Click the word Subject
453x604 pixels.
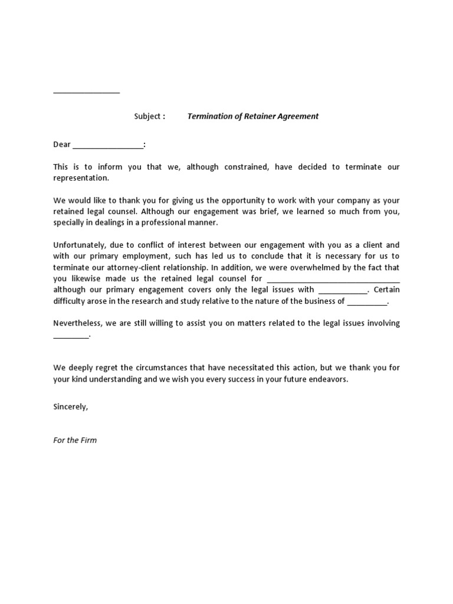147,116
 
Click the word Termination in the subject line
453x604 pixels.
208,116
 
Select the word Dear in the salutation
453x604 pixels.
62,145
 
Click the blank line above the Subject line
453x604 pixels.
86,93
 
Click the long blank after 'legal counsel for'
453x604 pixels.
333,280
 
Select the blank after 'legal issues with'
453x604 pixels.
343,291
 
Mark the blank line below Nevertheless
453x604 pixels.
71,336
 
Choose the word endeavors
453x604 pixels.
329,379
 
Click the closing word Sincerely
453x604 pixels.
70,407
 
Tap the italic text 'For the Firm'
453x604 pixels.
75,440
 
